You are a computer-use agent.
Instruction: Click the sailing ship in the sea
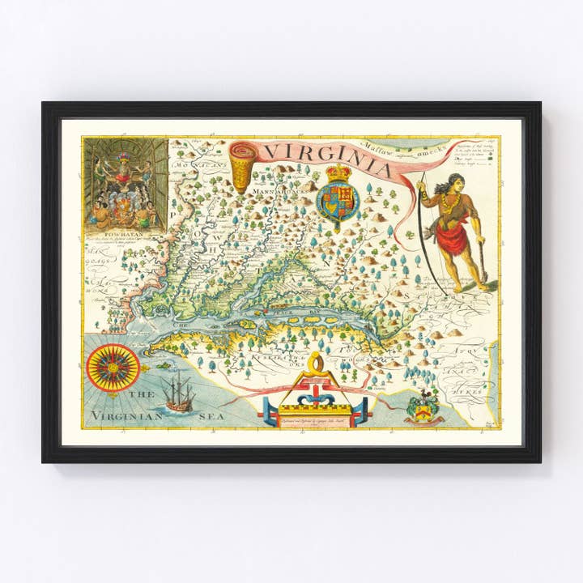click(178, 395)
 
